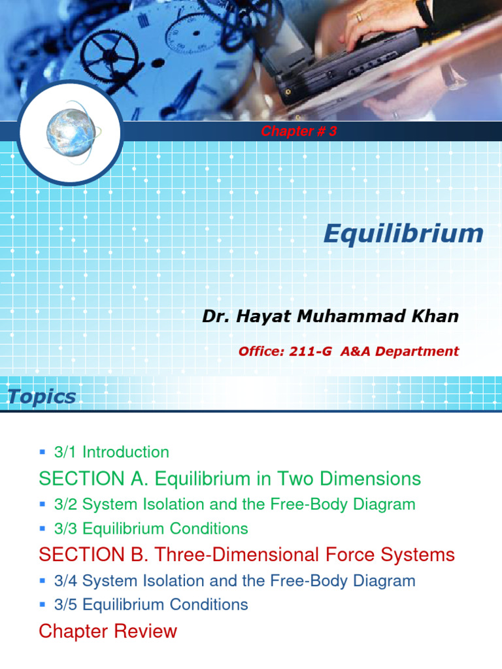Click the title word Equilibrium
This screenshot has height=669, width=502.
click(x=403, y=234)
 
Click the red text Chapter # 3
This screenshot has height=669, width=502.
click(x=299, y=131)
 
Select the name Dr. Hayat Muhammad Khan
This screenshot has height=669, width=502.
click(x=330, y=317)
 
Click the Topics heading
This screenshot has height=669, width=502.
click(x=42, y=396)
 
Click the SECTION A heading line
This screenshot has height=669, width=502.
click(x=230, y=479)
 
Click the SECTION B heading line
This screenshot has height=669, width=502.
click(x=246, y=555)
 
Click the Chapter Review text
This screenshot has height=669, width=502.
click(x=108, y=631)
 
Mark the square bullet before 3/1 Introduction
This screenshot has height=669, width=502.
click(x=42, y=451)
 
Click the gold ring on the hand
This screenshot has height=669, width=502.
click(x=359, y=18)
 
